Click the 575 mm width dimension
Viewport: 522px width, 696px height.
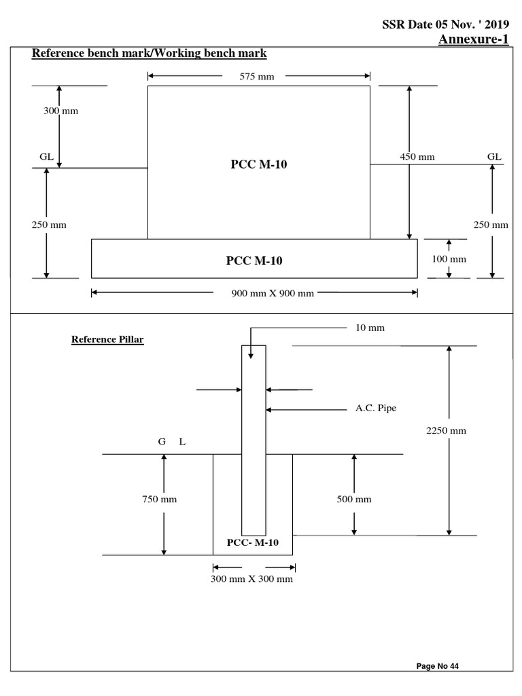click(257, 76)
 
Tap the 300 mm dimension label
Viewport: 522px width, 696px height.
click(61, 111)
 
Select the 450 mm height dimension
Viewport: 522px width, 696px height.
click(417, 157)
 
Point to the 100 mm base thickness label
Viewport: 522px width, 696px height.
click(449, 259)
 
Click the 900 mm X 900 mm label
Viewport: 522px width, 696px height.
click(272, 294)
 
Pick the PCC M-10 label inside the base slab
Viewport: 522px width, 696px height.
click(253, 260)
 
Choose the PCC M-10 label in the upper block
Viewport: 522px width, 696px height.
click(259, 164)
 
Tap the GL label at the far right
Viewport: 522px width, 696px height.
click(494, 156)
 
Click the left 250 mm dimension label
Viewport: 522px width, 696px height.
click(49, 224)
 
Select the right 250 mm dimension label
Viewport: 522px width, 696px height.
click(491, 224)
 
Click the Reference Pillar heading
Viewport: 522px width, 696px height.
click(107, 340)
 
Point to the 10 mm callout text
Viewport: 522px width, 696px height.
click(370, 328)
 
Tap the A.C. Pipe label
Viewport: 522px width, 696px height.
click(376, 408)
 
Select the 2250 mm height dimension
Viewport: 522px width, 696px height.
click(446, 431)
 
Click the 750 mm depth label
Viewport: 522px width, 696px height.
click(159, 500)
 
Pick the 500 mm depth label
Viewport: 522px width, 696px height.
click(354, 500)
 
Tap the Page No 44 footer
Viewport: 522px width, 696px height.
click(438, 666)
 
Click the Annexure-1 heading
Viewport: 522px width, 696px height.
click(473, 39)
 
